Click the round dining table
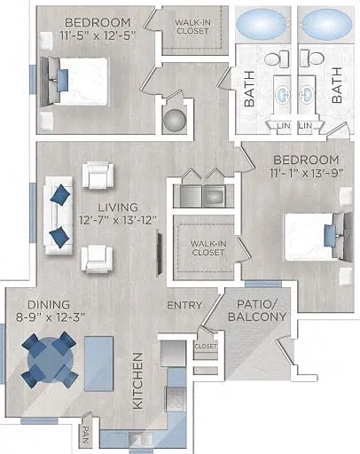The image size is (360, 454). (x=51, y=360)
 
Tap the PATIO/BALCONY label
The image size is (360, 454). (x=257, y=310)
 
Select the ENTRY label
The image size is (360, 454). (x=184, y=305)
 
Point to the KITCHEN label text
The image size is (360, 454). (x=137, y=381)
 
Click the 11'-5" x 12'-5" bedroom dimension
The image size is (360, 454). (x=98, y=36)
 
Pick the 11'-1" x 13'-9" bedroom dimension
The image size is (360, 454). (x=307, y=173)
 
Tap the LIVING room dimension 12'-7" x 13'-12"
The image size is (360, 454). (x=117, y=220)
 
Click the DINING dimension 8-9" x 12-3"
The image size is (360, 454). (x=51, y=317)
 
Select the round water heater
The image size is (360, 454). (x=175, y=121)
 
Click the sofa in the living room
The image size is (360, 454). (x=59, y=215)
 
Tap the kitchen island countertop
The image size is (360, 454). (x=98, y=364)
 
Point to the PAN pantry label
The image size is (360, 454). (x=85, y=434)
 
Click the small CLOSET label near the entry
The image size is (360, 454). (x=206, y=346)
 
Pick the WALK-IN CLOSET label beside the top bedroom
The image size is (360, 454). (x=192, y=27)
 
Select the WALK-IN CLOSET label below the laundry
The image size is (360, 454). (x=207, y=248)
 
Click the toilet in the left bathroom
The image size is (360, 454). (x=277, y=59)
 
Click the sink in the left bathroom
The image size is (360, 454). (x=283, y=95)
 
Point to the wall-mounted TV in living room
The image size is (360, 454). (x=160, y=254)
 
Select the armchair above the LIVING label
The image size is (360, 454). (x=98, y=176)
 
